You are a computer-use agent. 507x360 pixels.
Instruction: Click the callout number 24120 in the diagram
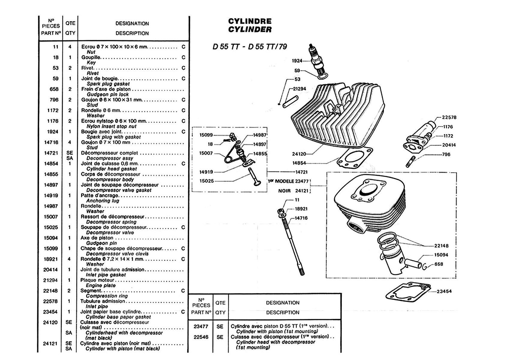click(299, 154)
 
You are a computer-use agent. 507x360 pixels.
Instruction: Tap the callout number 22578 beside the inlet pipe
click(449, 117)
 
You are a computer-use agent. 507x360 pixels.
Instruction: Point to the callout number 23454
click(444, 291)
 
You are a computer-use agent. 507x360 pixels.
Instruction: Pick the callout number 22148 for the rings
click(441, 246)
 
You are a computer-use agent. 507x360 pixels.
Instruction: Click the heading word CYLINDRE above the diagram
click(250, 21)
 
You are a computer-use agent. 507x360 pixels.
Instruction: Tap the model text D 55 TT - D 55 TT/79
click(250, 47)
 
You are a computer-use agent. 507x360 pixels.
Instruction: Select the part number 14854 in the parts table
click(51, 163)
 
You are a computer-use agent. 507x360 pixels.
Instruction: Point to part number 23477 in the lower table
click(201, 327)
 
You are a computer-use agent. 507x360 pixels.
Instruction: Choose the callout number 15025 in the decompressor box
click(206, 181)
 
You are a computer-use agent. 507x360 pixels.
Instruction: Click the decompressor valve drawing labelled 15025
click(254, 177)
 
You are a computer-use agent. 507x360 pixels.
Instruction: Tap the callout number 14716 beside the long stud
click(301, 218)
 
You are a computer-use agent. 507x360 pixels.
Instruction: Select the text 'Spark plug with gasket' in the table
click(113, 137)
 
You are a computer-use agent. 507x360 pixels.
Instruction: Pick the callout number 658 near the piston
click(439, 264)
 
